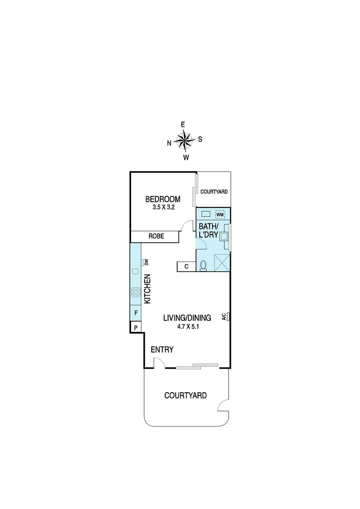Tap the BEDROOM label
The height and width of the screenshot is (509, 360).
[163, 199]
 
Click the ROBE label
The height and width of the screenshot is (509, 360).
[156, 236]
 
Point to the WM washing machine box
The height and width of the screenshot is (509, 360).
[220, 215]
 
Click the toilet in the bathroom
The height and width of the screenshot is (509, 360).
[203, 266]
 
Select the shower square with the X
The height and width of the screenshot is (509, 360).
[221, 263]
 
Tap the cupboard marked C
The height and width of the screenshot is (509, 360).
[187, 267]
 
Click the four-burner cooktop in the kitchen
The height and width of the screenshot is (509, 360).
[136, 292]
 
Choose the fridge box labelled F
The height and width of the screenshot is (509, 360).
[136, 312]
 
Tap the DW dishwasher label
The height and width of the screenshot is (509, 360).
[147, 262]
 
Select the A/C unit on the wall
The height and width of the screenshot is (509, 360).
[228, 317]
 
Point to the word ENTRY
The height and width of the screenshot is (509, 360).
[162, 350]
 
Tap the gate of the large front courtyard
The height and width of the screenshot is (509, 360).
[224, 406]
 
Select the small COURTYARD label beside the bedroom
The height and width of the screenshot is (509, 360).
[214, 192]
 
